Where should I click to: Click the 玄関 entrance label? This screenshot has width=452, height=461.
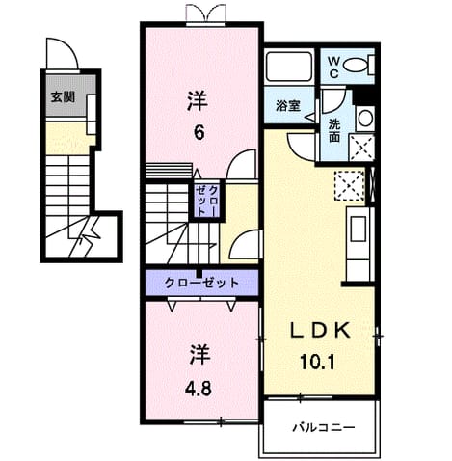click(x=64, y=96)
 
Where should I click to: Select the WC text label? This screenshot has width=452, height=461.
click(x=333, y=68)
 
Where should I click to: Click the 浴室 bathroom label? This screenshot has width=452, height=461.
click(x=288, y=106)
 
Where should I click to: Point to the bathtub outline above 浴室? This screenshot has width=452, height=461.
click(x=290, y=67)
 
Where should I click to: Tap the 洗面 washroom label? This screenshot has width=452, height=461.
click(x=334, y=131)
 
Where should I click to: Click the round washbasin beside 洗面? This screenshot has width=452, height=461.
click(x=364, y=118)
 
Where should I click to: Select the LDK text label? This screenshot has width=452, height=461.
click(x=320, y=330)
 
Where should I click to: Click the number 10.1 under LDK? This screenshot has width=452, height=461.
click(x=318, y=362)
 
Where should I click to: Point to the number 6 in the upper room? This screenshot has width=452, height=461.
click(x=199, y=132)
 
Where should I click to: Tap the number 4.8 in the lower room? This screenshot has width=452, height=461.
click(x=199, y=389)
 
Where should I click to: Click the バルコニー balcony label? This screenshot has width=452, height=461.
click(x=324, y=427)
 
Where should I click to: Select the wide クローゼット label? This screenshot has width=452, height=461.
click(x=201, y=283)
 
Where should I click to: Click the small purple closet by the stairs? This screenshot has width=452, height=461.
click(x=207, y=201)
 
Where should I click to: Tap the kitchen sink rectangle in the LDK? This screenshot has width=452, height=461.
click(x=358, y=229)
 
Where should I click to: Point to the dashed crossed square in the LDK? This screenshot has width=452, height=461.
click(x=349, y=186)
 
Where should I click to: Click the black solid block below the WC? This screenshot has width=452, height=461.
click(x=364, y=94)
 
